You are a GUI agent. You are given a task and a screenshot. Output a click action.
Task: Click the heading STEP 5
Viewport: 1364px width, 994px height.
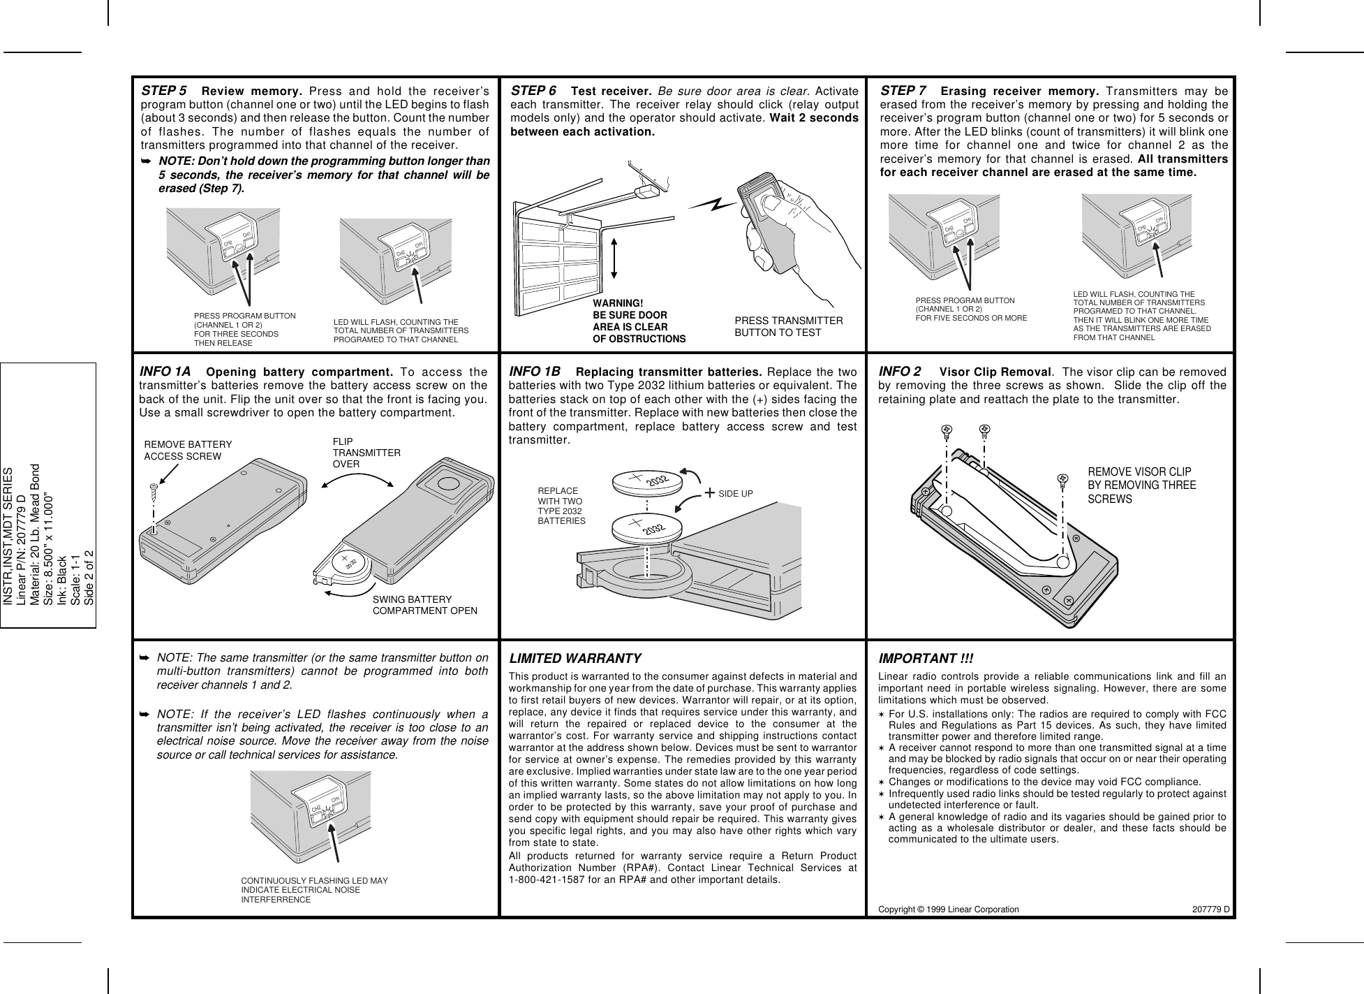164,92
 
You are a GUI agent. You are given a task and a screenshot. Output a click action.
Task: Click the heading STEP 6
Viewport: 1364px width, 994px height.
534,92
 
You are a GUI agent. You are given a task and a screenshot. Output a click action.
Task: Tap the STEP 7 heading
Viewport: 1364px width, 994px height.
903,92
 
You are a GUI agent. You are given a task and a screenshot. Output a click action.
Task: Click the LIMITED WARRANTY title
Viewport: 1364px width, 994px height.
576,659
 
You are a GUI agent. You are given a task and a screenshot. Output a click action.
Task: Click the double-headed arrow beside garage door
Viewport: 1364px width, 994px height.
614,267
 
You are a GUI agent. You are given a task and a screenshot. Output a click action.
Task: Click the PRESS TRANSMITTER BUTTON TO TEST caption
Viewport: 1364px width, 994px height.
789,326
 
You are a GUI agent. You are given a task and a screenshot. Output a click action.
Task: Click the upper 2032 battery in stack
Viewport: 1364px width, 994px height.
646,483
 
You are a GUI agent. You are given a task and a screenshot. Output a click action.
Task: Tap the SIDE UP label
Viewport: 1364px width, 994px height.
735,494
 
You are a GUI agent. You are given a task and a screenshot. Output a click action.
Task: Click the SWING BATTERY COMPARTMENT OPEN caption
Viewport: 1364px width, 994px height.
425,605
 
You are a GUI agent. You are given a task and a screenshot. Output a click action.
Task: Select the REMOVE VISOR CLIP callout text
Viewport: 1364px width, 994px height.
1142,485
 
